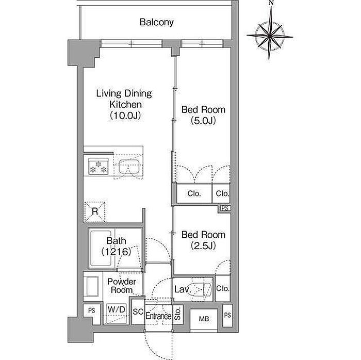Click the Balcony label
tap(157, 22)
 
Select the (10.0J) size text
tap(125, 116)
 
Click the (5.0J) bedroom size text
tap(203, 120)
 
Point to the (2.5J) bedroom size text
tap(203, 246)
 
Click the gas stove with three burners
tap(99, 166)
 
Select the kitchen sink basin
tap(129, 167)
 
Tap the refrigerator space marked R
tap(94, 212)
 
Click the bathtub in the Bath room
tap(101, 249)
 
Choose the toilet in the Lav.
tap(203, 289)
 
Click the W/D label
tap(117, 309)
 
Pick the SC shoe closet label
tap(138, 312)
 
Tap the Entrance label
tap(158, 316)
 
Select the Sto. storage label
tap(178, 314)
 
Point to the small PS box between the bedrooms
tap(225, 208)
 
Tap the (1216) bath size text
tap(116, 252)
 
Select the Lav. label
tap(183, 289)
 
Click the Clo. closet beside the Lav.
tap(223, 288)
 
